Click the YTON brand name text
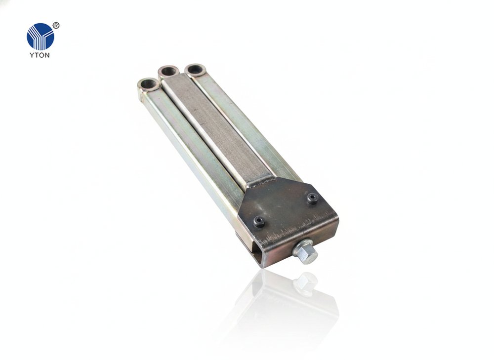[x=40, y=55]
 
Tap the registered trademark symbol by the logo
[x=56, y=26]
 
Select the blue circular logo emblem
[x=41, y=37]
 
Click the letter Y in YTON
[x=32, y=55]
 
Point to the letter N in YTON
[x=47, y=55]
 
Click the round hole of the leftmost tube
[x=147, y=85]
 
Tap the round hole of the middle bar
[x=168, y=71]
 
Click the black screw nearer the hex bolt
[x=259, y=221]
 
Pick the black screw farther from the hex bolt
[x=312, y=198]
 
